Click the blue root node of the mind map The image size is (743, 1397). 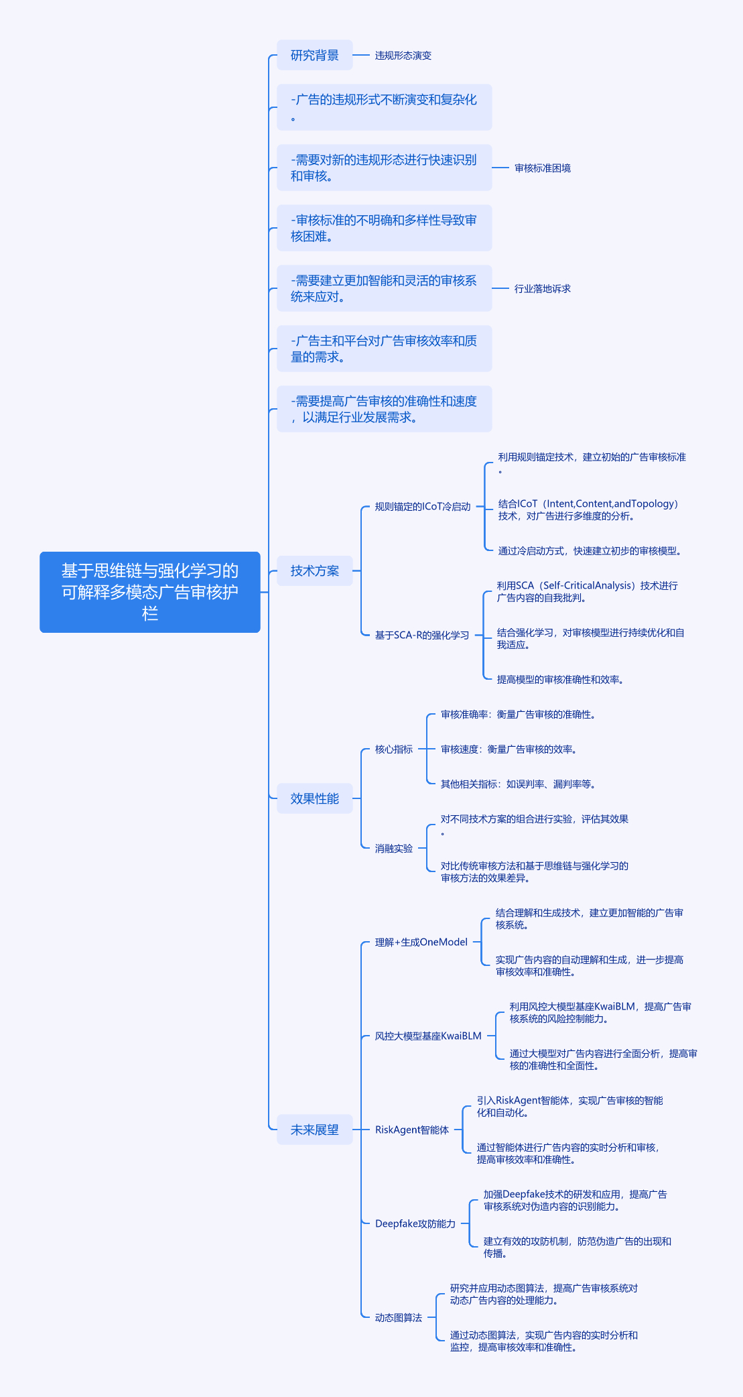(149, 592)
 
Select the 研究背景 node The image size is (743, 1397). (314, 55)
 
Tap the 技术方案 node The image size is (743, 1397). (314, 571)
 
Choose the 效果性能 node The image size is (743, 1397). (314, 798)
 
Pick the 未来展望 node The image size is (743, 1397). (314, 1130)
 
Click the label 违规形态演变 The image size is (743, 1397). (403, 56)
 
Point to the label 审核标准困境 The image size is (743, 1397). (542, 168)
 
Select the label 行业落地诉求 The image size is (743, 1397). (542, 289)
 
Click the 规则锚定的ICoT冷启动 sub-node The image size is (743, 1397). (422, 507)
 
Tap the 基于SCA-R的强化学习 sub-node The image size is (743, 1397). (421, 635)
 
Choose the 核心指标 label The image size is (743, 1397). (393, 749)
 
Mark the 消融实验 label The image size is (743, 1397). (393, 849)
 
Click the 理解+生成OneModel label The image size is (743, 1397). (421, 943)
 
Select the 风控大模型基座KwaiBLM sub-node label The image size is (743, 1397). (427, 1036)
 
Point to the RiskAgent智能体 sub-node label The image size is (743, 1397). (411, 1130)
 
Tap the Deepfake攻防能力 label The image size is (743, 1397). (415, 1224)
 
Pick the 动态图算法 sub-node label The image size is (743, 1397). (398, 1318)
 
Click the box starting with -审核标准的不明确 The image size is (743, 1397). (384, 228)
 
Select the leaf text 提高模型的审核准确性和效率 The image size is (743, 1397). (560, 680)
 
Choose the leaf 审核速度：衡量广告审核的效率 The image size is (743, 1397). (509, 749)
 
